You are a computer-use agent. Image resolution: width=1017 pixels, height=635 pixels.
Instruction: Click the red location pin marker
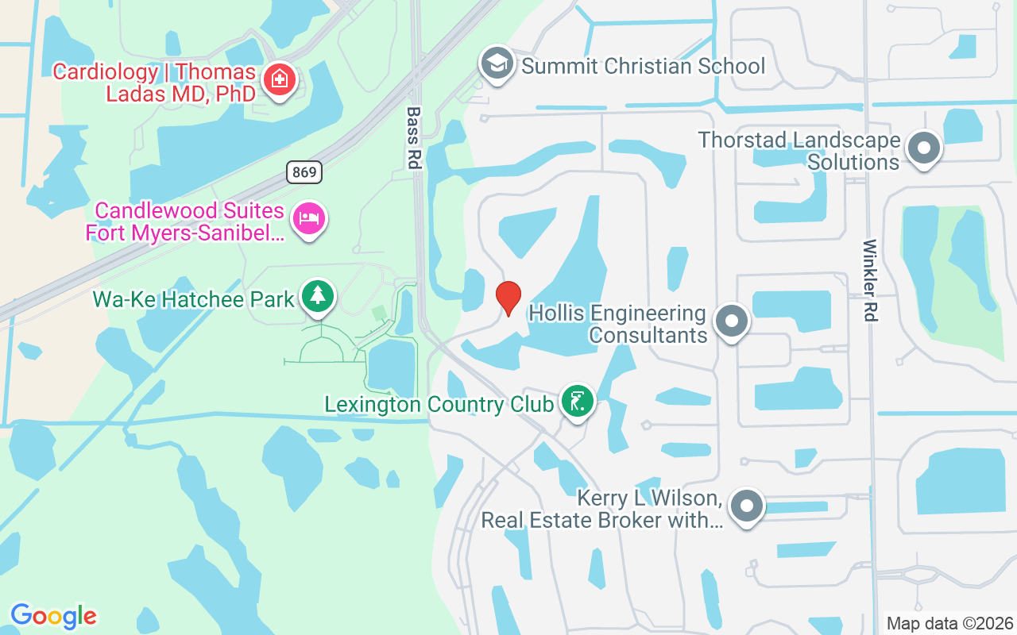508,298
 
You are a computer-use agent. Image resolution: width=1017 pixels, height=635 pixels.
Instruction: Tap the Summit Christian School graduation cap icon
497,63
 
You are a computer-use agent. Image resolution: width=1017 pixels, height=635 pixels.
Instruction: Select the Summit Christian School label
643,66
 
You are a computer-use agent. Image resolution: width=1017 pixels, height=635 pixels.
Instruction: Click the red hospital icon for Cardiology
279,79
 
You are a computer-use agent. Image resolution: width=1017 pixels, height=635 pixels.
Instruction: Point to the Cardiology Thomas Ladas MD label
155,83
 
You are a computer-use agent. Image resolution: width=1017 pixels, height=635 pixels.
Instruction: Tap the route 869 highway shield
304,171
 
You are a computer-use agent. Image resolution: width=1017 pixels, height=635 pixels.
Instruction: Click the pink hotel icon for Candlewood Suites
307,217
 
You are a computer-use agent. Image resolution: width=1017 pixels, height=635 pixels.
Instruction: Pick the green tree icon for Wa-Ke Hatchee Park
319,297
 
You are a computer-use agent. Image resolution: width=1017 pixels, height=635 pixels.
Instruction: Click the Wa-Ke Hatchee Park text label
194,299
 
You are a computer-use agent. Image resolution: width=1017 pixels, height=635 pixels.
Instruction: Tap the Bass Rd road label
412,137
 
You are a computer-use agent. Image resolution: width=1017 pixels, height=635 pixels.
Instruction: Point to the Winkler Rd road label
869,280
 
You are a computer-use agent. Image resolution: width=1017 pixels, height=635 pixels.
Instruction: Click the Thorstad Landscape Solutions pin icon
923,148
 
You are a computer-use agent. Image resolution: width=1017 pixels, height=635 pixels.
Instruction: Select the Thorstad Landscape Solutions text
799,151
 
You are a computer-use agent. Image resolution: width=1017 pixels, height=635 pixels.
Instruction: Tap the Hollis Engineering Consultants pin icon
731,321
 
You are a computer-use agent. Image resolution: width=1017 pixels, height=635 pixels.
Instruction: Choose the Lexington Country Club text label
439,404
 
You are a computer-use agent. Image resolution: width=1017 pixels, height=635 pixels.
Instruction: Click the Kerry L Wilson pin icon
746,505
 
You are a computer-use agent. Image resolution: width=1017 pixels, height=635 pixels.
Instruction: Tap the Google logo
53,616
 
